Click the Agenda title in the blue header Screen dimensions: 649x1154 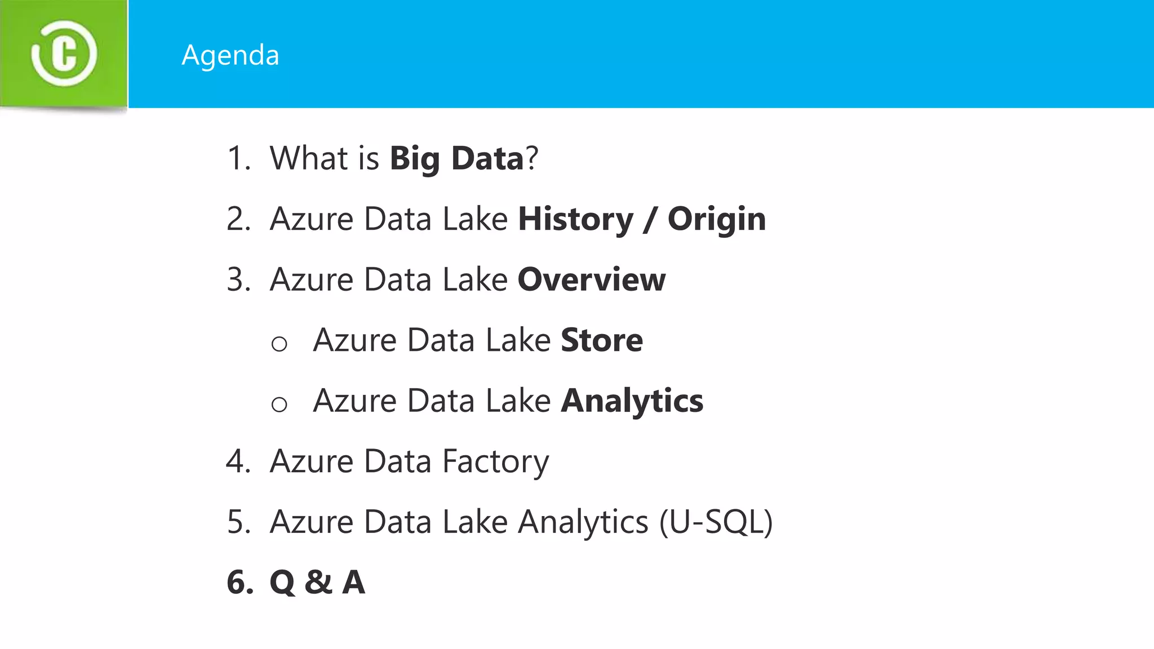point(230,55)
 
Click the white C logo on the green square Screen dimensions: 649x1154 point(64,54)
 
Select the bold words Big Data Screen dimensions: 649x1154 point(457,158)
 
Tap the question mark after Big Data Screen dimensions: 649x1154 point(532,158)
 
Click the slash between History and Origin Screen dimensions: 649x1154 point(650,220)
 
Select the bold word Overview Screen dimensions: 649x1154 point(591,279)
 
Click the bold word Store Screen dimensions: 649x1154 point(602,340)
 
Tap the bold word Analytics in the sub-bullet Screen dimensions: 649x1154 point(632,401)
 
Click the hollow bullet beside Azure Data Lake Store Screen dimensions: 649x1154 point(279,344)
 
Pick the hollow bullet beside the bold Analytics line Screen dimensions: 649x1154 point(279,404)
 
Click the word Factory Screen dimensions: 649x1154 point(495,461)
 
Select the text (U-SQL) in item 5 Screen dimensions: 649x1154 point(716,522)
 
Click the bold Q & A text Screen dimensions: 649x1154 point(317,582)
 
